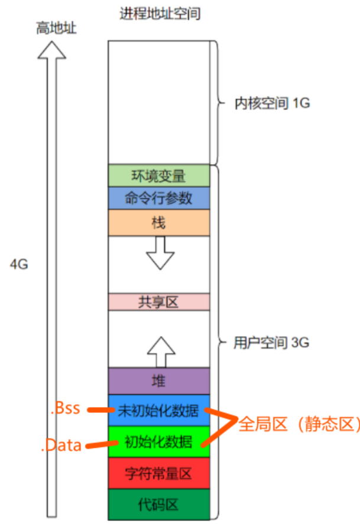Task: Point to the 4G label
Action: click(x=19, y=264)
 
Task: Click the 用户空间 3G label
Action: click(x=271, y=343)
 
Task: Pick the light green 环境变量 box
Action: click(x=159, y=175)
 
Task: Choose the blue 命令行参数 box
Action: click(x=159, y=198)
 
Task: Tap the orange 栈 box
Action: click(x=159, y=223)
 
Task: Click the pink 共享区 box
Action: click(x=159, y=302)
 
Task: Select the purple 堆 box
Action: click(x=159, y=381)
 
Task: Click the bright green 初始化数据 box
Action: click(x=159, y=441)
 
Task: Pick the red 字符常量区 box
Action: click(x=159, y=473)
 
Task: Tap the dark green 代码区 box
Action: click(x=159, y=504)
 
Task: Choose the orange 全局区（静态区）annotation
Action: click(x=299, y=424)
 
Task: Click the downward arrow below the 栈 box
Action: click(x=160, y=253)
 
